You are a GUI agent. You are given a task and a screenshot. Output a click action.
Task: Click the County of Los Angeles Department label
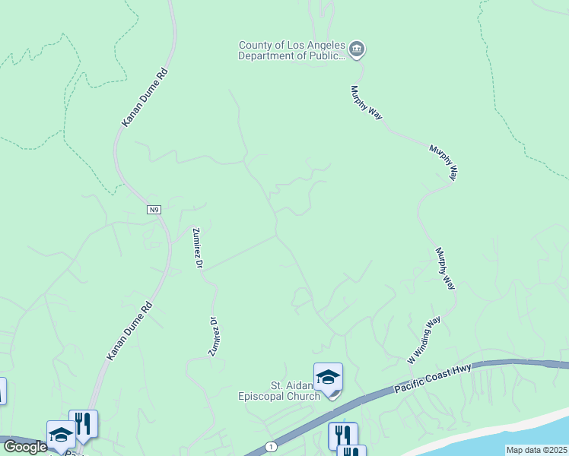click(x=292, y=50)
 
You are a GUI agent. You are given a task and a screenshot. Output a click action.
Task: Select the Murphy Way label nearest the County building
click(x=366, y=102)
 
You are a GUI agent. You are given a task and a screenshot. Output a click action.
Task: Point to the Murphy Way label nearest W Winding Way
click(x=445, y=268)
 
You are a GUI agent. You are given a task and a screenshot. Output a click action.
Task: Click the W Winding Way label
click(x=424, y=339)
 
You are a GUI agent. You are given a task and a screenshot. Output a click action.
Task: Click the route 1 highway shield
click(x=270, y=446)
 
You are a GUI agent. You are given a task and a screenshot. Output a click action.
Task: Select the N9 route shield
click(x=154, y=210)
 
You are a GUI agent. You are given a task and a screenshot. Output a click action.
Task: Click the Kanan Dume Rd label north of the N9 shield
click(x=144, y=97)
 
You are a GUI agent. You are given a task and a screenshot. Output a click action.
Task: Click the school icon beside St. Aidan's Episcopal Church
click(x=328, y=377)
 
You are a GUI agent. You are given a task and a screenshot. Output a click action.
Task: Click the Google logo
click(x=24, y=447)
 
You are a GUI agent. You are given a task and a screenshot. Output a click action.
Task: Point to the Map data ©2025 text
click(x=536, y=450)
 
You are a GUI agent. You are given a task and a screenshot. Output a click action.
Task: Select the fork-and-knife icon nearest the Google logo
click(x=83, y=424)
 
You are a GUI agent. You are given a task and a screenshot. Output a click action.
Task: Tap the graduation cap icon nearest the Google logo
click(x=61, y=434)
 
